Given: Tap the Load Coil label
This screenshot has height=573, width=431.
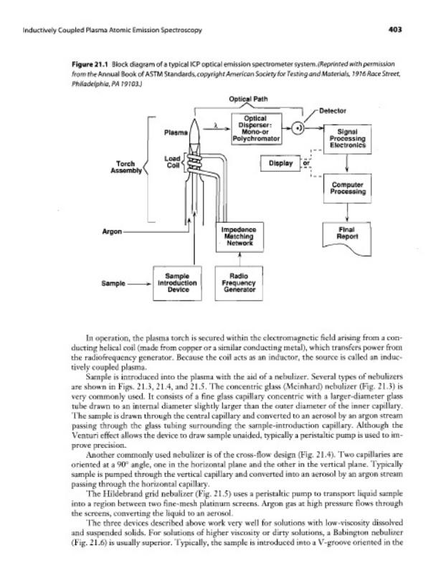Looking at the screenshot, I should pyautogui.click(x=171, y=163).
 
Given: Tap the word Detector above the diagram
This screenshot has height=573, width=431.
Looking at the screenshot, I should pyautogui.click(x=330, y=111).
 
